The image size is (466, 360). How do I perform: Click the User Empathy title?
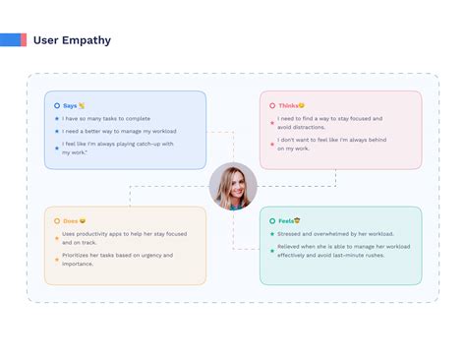(x=72, y=40)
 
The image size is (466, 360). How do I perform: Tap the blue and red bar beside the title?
(x=13, y=39)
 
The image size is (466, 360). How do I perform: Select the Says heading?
(x=69, y=105)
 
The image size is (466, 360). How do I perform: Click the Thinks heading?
(x=288, y=105)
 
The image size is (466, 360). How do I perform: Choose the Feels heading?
(x=286, y=220)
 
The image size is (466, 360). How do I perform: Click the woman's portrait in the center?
(x=233, y=186)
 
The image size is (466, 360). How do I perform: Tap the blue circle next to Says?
(x=57, y=105)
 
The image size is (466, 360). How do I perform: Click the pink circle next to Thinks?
(x=272, y=105)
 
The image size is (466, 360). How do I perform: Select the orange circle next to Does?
(x=57, y=220)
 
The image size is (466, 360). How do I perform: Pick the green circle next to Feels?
(x=272, y=220)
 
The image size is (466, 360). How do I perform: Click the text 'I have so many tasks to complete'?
(x=106, y=118)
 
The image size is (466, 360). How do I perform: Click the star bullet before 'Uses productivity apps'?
(x=57, y=234)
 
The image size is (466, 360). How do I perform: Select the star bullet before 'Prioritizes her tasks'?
(x=57, y=257)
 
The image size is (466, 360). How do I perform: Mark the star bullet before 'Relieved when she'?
(x=272, y=247)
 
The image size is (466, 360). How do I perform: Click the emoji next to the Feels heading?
(x=297, y=220)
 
